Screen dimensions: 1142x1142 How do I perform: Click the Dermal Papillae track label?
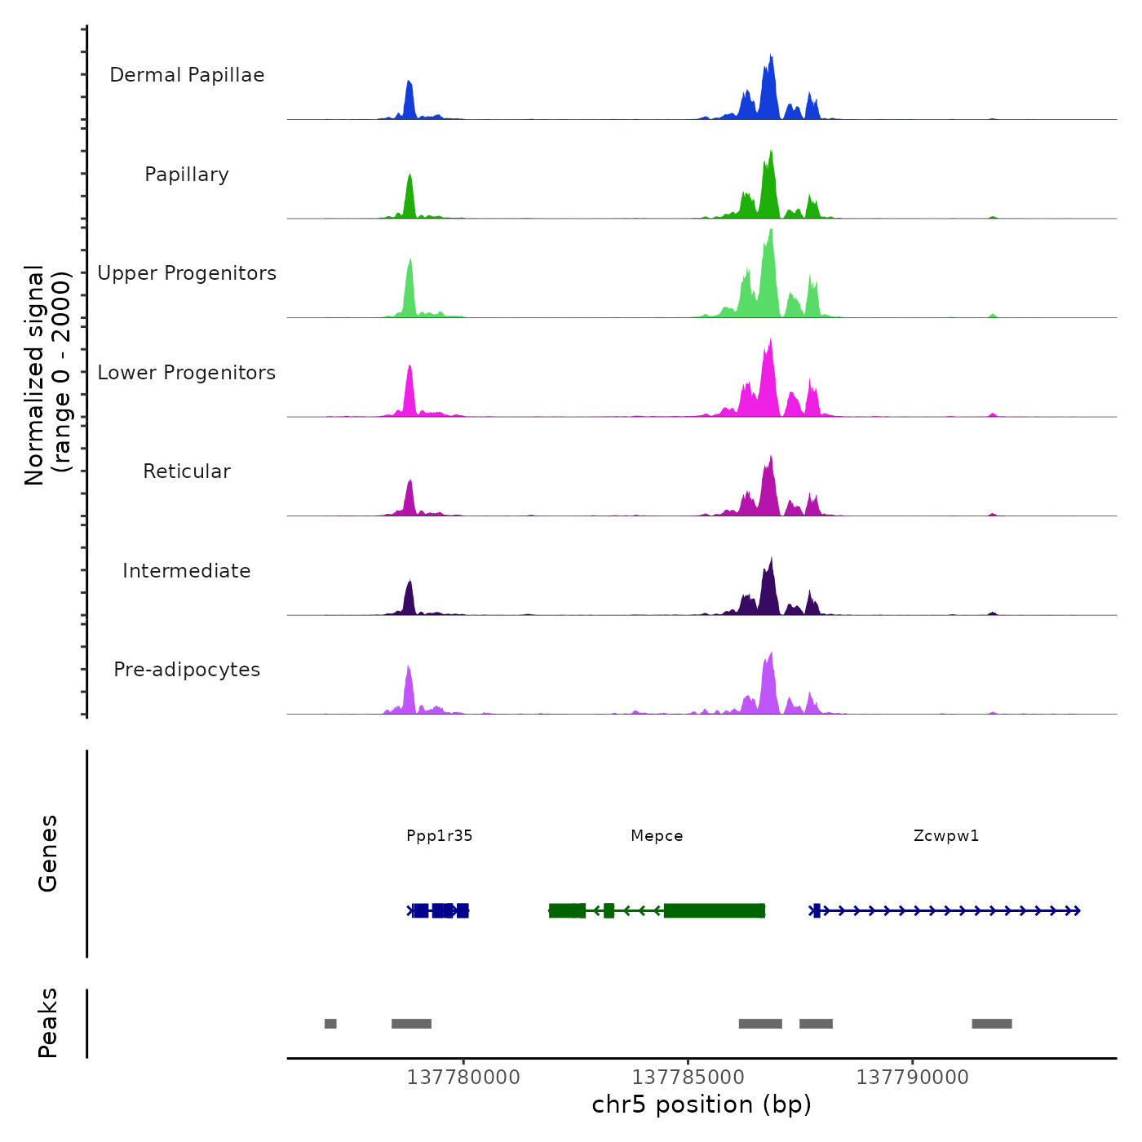coord(187,75)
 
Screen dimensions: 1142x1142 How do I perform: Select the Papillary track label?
coord(187,175)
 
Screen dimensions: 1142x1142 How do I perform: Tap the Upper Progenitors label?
coord(187,273)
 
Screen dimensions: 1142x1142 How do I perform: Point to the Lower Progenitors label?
coord(187,373)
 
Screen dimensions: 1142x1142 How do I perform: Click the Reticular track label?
coord(187,471)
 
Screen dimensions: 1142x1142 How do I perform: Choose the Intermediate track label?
coord(187,571)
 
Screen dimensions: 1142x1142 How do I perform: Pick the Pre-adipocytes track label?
coord(187,670)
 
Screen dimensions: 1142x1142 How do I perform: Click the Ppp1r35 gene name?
coord(440,835)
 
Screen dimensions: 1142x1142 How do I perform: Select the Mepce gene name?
coord(657,835)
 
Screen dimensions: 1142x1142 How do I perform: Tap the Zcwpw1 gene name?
coord(946,835)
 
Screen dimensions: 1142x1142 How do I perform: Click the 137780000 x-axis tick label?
coord(463,1078)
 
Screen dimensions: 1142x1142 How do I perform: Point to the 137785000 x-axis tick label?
coord(688,1078)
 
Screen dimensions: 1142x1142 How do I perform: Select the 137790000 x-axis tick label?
coord(912,1078)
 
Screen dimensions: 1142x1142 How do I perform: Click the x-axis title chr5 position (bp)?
coord(702,1104)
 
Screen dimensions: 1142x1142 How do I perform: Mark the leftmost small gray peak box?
coord(330,1024)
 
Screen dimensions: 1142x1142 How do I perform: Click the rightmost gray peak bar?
coord(992,1024)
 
